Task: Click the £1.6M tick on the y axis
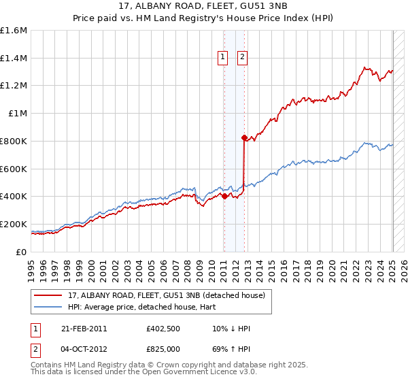tap(14, 31)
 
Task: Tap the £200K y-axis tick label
tap(14, 224)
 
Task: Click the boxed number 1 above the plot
tap(224, 58)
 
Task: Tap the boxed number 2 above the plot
tap(243, 58)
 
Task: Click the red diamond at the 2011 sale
tap(224, 196)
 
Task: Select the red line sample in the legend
tap(48, 295)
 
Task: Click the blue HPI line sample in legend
tap(48, 307)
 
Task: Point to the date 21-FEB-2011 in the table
tap(84, 329)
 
